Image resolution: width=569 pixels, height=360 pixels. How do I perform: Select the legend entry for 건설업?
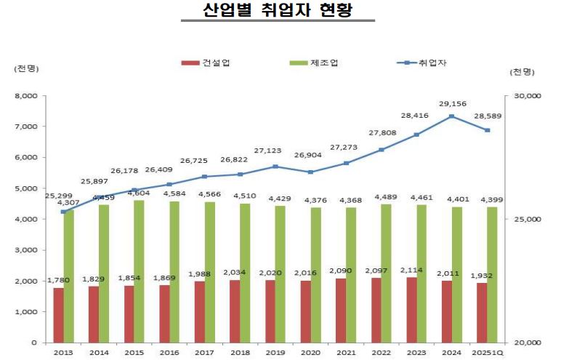[x=206, y=63]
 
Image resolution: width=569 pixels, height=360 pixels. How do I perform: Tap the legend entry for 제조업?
[x=313, y=63]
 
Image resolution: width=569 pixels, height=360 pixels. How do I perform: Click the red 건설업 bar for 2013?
[x=58, y=315]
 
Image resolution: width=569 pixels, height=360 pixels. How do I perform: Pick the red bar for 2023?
[x=413, y=309]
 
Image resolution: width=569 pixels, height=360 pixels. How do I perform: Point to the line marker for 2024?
[x=451, y=116]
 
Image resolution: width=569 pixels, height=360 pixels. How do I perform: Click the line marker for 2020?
[x=310, y=172]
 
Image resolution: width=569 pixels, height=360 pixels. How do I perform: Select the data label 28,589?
[x=487, y=116]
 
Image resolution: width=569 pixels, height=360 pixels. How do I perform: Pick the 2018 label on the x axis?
[x=240, y=353]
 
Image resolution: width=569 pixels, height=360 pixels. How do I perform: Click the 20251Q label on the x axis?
[x=487, y=353]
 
